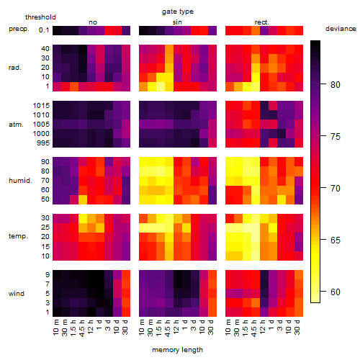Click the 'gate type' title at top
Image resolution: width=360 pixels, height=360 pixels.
click(178, 12)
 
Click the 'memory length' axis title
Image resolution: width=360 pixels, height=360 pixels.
click(177, 350)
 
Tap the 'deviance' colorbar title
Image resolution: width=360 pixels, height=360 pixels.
click(341, 29)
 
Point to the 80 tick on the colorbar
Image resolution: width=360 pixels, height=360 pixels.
click(323, 84)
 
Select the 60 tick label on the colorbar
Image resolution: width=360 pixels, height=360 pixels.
click(336, 292)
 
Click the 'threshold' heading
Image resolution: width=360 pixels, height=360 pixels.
click(40, 17)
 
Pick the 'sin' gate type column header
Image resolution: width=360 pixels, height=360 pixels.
click(177, 22)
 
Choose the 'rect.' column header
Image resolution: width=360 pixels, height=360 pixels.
click(261, 22)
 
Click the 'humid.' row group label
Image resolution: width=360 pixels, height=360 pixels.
click(20, 181)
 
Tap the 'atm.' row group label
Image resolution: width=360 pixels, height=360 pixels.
click(16, 125)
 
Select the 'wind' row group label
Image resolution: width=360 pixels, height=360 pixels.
click(17, 294)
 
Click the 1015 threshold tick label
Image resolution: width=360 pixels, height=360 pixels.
click(41, 106)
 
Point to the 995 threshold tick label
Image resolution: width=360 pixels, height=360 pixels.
click(43, 143)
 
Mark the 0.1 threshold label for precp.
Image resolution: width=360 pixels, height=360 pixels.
click(44, 30)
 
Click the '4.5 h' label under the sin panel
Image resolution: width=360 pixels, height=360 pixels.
click(168, 328)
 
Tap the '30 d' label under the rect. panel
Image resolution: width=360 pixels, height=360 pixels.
click(297, 327)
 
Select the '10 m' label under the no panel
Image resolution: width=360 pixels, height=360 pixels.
click(55, 328)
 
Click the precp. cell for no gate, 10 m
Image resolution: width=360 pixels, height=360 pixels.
click(57, 30)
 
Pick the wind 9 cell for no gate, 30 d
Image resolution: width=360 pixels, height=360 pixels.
click(126, 275)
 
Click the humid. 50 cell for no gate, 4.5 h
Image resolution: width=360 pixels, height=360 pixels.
click(83, 199)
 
